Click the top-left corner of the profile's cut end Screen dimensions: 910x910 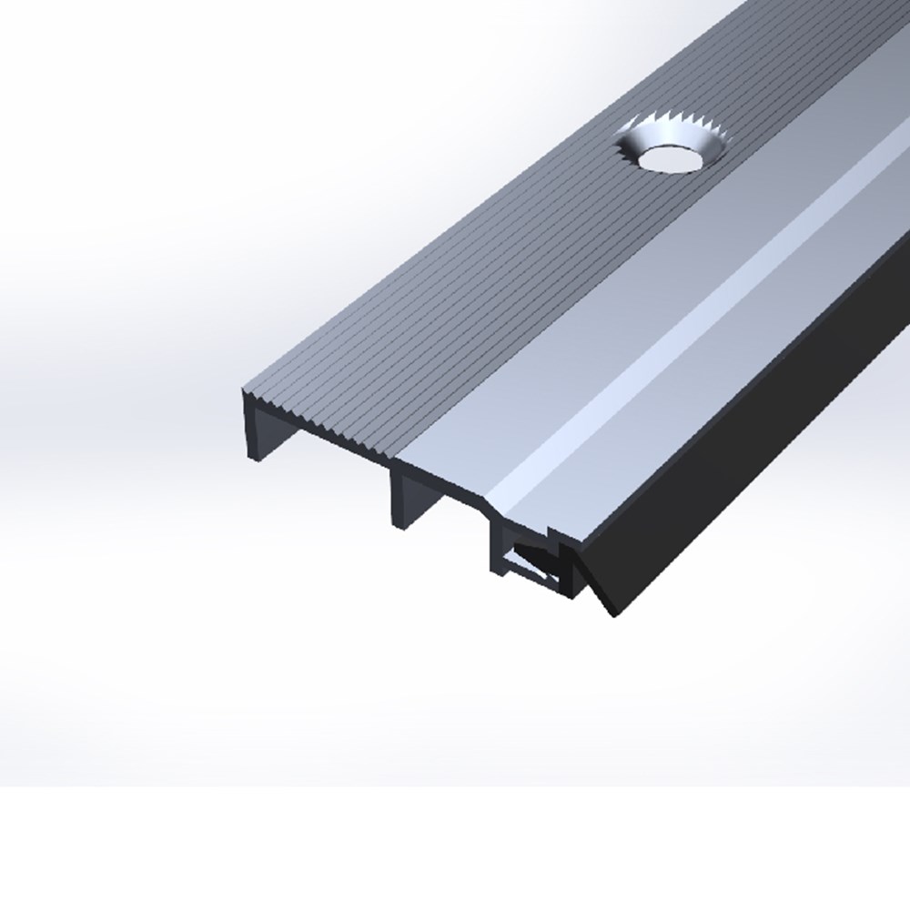(x=243, y=393)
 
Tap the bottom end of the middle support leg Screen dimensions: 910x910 (x=399, y=524)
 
